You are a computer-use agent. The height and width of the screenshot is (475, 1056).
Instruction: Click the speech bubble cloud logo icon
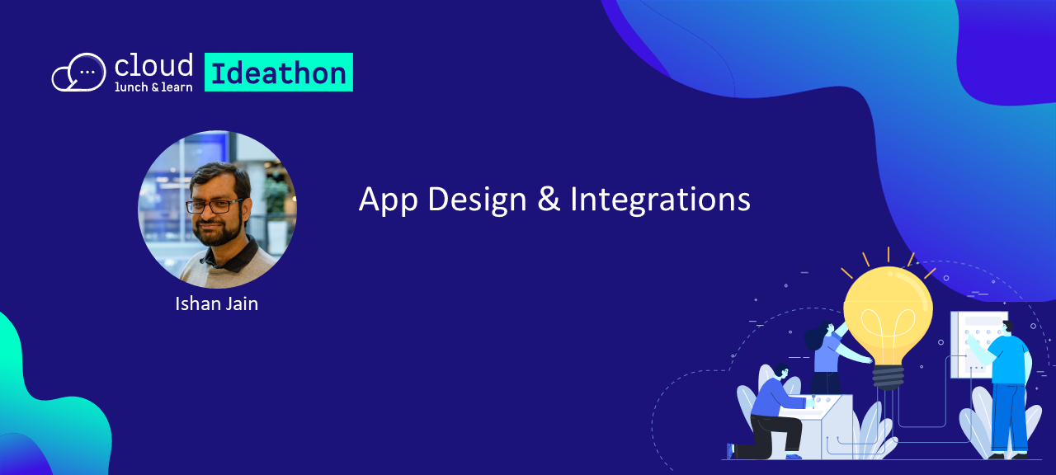[78, 72]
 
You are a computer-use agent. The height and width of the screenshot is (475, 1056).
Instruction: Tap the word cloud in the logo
[153, 65]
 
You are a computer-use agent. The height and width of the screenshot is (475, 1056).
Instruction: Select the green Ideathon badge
[279, 72]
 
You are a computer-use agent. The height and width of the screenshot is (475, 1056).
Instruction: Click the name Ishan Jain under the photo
[216, 304]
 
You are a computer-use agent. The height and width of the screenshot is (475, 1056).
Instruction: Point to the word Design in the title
[477, 200]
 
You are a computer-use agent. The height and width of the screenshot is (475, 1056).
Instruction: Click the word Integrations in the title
[660, 200]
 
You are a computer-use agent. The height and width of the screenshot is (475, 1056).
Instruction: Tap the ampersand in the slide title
[549, 200]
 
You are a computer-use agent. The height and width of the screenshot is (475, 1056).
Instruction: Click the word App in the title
[388, 200]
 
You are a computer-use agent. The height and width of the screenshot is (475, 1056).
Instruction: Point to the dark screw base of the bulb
[889, 378]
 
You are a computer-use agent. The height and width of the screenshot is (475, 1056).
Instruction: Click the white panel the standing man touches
[977, 345]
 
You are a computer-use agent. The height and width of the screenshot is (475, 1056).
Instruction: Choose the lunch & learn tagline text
[153, 87]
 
